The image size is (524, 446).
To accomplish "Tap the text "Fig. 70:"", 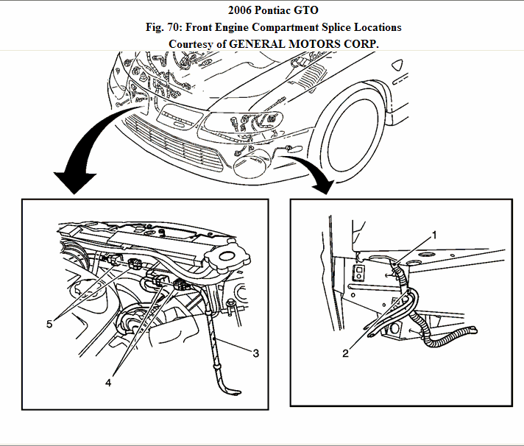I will (x=167, y=27).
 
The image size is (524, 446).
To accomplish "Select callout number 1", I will (x=434, y=235).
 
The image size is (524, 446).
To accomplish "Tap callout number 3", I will (x=255, y=353).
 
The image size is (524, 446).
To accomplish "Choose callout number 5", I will (x=50, y=324).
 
